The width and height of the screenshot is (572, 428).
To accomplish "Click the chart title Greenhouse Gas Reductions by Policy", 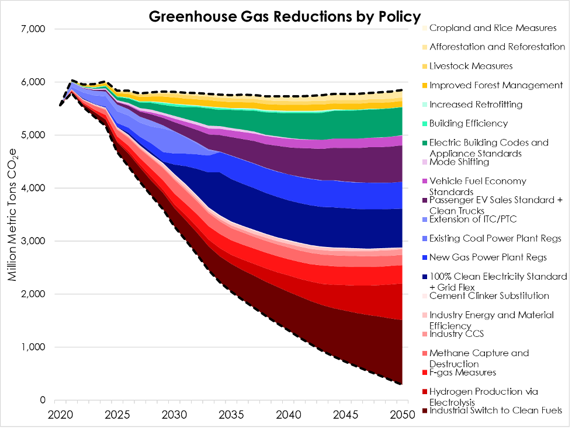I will pos(285,16).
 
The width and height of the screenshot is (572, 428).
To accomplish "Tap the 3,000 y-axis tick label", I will pos(36,241).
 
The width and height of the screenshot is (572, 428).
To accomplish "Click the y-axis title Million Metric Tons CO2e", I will pos(12,214).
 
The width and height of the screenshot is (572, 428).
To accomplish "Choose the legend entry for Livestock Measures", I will pos(471,66).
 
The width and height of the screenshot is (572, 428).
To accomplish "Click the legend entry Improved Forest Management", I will pos(495,85).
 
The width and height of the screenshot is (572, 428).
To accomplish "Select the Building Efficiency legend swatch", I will pos(424,124).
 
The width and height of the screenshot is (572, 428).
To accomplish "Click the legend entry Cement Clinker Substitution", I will pos(489,295).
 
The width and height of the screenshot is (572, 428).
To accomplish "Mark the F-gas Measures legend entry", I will pos(462,373).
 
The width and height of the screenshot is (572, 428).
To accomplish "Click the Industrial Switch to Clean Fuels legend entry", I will pos(495,410).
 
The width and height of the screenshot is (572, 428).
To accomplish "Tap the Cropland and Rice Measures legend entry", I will pos(493,27).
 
